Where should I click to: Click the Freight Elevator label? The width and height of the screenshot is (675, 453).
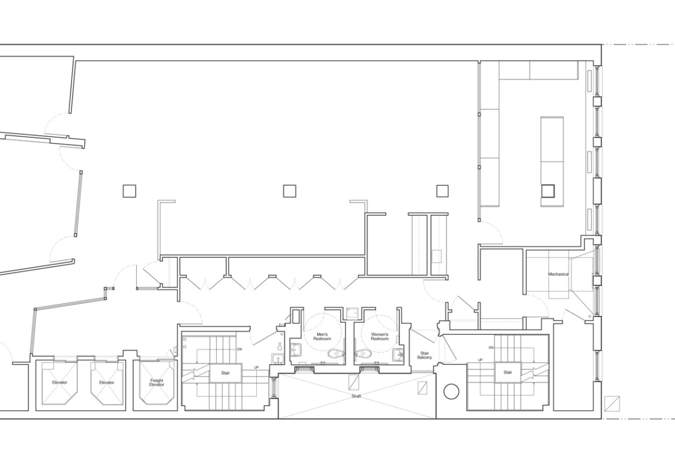click(157, 383)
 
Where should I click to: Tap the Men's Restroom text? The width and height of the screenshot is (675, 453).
click(322, 336)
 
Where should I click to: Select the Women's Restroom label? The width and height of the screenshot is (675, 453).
click(380, 336)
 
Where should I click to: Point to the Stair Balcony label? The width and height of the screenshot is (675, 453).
click(425, 355)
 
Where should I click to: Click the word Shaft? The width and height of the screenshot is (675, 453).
click(357, 396)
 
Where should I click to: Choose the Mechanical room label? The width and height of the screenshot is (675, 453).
click(558, 274)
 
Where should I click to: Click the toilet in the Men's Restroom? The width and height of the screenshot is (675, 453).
click(336, 354)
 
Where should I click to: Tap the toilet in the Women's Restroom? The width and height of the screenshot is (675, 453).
click(363, 354)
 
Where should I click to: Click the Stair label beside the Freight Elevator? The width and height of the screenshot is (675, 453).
click(226, 373)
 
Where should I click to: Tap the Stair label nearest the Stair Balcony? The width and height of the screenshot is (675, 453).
click(508, 372)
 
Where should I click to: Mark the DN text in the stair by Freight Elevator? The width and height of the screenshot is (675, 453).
click(239, 349)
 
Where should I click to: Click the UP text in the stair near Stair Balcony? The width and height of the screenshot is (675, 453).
click(480, 360)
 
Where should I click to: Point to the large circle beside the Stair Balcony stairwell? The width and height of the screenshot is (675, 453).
click(451, 391)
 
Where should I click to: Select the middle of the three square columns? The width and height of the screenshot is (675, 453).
click(290, 191)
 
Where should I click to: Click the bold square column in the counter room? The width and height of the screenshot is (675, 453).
click(547, 190)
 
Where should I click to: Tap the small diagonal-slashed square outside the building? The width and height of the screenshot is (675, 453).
click(612, 403)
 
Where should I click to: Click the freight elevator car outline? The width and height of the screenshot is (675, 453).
click(157, 383)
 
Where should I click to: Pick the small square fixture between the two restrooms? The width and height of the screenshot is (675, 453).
click(352, 313)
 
